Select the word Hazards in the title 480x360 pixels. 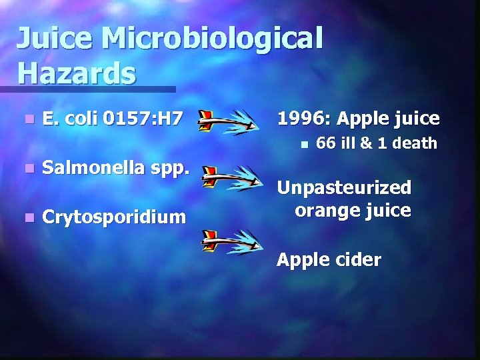point(76,72)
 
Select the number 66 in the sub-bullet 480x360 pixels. point(325,143)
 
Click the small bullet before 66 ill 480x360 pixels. point(303,143)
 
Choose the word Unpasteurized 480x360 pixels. point(344,187)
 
